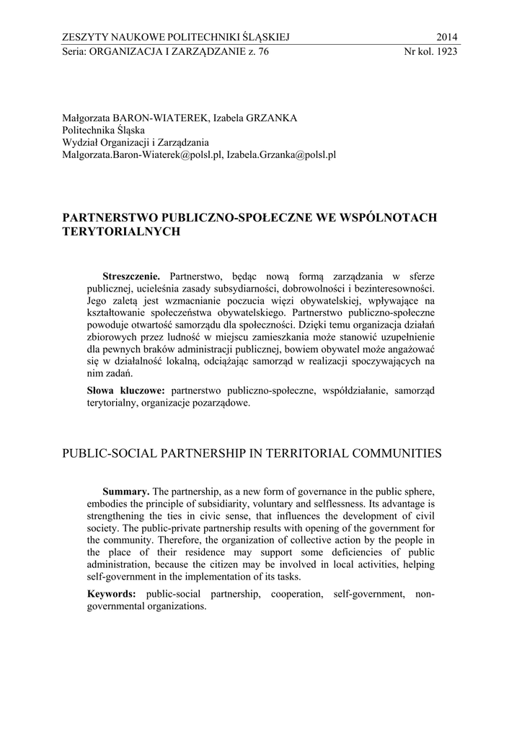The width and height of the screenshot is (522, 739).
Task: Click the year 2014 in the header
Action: [447, 38]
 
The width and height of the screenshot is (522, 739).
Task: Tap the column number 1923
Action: [443, 52]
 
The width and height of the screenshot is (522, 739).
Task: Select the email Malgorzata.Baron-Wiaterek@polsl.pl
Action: [141, 154]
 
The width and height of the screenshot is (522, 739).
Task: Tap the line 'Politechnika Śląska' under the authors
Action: [104, 130]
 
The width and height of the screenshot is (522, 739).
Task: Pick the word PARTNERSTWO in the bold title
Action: [110, 217]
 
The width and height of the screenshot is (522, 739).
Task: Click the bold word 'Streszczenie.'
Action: [135, 276]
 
